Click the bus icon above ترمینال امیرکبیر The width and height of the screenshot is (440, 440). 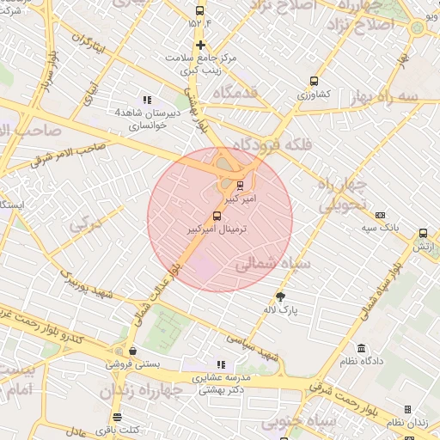tap(216, 217)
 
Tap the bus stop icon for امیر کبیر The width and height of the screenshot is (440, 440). tap(240, 184)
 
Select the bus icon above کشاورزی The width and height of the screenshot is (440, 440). tap(313, 82)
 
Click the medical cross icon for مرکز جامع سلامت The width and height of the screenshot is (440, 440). tap(200, 45)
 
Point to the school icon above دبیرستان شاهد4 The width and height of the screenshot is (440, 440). tap(146, 99)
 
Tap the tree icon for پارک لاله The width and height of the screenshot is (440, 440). tap(279, 296)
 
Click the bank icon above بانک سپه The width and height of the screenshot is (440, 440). tap(380, 215)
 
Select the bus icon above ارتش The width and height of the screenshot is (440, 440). tap(422, 233)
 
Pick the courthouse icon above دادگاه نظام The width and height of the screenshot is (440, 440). tap(361, 349)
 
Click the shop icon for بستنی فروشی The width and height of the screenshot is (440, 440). tap(131, 351)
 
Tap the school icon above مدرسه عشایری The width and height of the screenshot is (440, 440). tap(220, 364)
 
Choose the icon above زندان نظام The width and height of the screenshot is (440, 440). tap(406, 410)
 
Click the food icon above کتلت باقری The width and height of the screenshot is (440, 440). tap(117, 417)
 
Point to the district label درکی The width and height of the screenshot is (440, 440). tap(85, 226)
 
